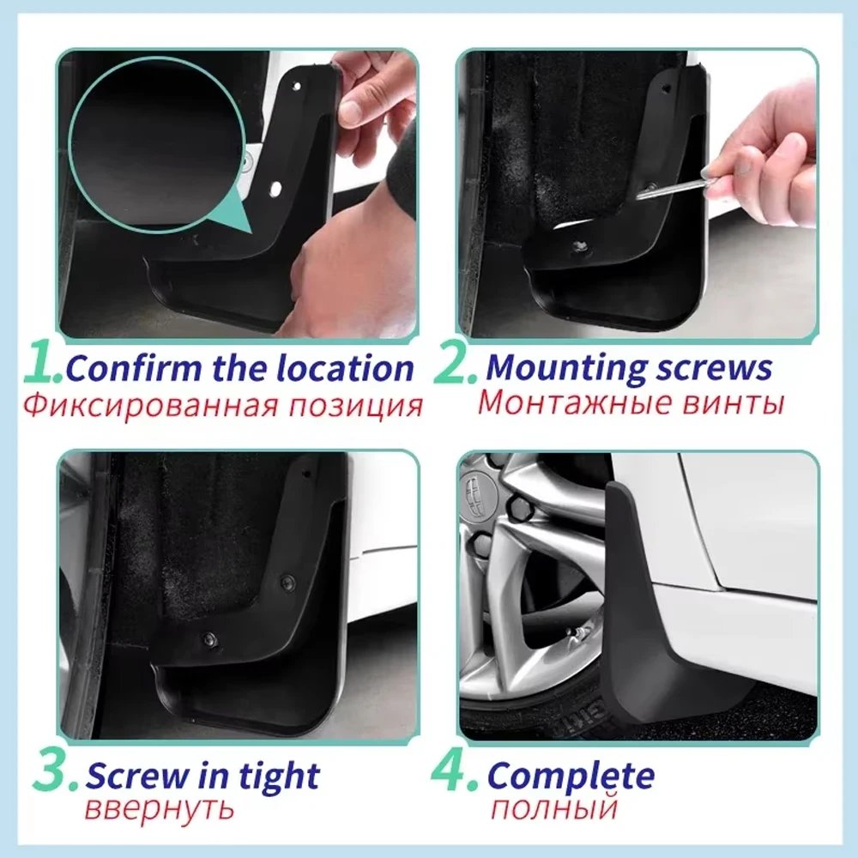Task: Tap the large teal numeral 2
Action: pos(452,365)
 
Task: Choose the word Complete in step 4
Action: pos(571,776)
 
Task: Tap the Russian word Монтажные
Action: pos(559,402)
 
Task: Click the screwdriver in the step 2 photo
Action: pos(678,184)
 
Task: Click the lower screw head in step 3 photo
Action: pos(208,640)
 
